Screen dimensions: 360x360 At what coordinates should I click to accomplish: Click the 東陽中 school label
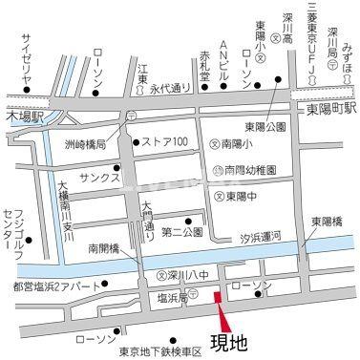tap(244, 195)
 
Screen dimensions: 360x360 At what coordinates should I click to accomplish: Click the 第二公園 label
tap(181, 232)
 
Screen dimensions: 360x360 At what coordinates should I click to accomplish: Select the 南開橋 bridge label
tap(104, 245)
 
